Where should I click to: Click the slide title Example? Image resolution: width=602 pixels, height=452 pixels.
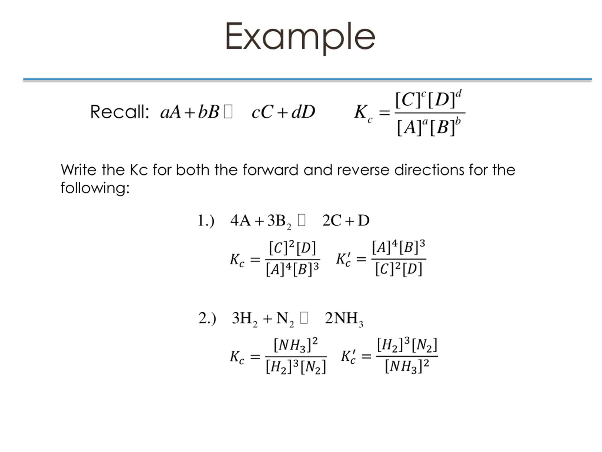click(300, 37)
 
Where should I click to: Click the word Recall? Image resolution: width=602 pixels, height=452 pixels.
click(119, 112)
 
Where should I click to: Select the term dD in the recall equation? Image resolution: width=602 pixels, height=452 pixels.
click(303, 112)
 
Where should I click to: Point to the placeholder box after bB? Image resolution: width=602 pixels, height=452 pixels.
click(228, 112)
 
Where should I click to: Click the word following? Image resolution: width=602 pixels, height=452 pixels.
click(95, 188)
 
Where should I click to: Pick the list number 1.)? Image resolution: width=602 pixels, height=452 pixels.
click(206, 220)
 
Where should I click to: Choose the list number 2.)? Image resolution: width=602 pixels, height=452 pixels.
click(207, 318)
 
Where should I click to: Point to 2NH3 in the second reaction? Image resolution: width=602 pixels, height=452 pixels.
click(344, 319)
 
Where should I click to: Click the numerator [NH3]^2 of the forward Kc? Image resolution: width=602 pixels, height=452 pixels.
click(295, 345)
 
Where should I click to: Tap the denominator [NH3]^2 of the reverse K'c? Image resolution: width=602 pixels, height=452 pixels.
click(407, 366)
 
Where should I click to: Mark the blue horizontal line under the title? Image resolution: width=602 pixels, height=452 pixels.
click(307, 79)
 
